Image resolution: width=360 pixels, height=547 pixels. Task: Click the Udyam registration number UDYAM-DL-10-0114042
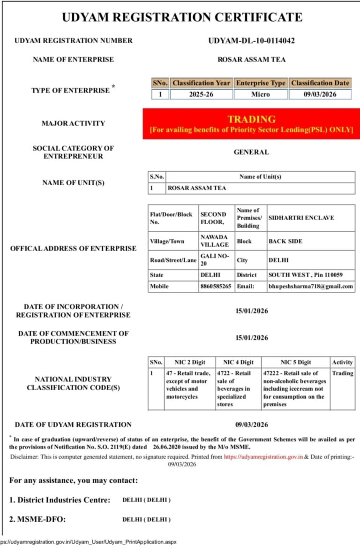pos(251,41)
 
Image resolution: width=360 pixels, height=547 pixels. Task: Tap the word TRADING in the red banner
pos(251,119)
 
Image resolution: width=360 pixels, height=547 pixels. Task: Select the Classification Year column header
pos(201,83)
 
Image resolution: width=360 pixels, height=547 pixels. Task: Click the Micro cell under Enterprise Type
pos(260,94)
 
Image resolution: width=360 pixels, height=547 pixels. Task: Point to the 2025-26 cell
pos(201,94)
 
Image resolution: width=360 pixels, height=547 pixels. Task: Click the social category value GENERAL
pos(251,152)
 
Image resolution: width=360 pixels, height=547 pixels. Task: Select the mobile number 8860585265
pos(216,286)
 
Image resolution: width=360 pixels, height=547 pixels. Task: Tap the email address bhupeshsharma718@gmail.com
pos(310,286)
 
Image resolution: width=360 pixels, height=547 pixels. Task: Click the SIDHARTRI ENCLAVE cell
pos(294,218)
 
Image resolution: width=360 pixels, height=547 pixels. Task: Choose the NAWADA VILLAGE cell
pos(215,241)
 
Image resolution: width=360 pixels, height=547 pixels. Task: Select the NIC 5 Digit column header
pos(295,362)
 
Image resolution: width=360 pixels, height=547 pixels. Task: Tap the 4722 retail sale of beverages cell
pos(238,389)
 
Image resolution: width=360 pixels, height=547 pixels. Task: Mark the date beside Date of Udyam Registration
pos(251,425)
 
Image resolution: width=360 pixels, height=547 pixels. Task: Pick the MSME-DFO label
pos(37,519)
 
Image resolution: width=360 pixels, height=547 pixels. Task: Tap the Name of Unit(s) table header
pos(260,177)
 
